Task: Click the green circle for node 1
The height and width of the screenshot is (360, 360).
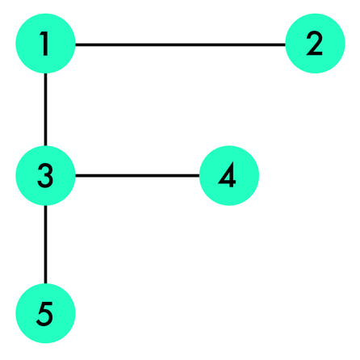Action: click(45, 44)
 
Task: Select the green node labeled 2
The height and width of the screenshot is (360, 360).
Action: click(315, 44)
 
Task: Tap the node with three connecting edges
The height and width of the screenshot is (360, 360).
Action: click(45, 175)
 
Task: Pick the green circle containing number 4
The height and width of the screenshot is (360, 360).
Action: click(229, 175)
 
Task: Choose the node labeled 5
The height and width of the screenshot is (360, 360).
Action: click(45, 313)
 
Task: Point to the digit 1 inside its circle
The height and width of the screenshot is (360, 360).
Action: click(44, 44)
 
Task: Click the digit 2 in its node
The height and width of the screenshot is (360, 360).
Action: click(314, 44)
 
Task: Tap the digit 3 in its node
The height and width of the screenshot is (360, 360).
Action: click(45, 176)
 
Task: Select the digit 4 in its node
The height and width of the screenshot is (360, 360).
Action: click(228, 175)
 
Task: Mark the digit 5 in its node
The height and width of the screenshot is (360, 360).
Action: click(44, 314)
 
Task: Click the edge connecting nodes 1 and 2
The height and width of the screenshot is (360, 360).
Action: click(180, 44)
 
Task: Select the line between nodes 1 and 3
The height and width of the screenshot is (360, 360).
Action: click(45, 110)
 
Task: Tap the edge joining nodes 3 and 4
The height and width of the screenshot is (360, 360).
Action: click(137, 176)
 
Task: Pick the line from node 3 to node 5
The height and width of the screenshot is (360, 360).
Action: click(45, 245)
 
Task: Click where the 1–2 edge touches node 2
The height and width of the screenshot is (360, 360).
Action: click(286, 44)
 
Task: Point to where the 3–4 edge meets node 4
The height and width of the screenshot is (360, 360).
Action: click(199, 176)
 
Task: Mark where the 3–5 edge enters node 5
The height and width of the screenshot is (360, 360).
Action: click(45, 284)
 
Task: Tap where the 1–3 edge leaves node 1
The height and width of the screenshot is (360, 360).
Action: click(45, 73)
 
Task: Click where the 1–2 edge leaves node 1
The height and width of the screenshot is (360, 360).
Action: click(75, 44)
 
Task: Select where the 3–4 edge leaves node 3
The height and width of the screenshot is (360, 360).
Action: click(75, 176)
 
